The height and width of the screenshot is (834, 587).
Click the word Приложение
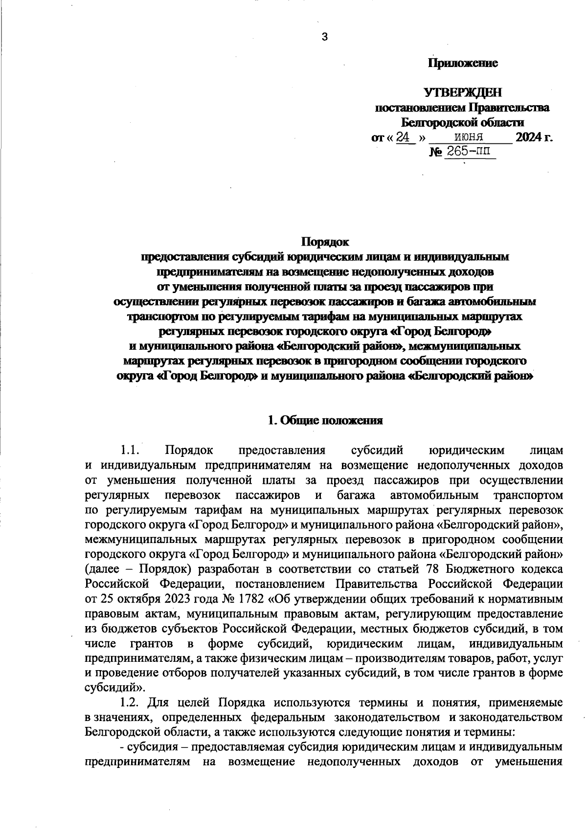(x=463, y=63)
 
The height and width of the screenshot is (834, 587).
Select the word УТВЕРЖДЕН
(x=462, y=92)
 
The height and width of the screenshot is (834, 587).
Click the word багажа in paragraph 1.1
(x=359, y=495)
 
